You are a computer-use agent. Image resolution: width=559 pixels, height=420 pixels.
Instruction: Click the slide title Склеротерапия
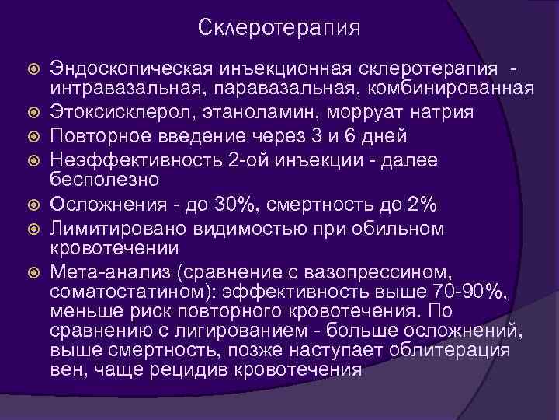pos(279,28)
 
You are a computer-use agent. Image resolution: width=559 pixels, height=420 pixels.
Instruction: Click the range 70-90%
pos(471,292)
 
